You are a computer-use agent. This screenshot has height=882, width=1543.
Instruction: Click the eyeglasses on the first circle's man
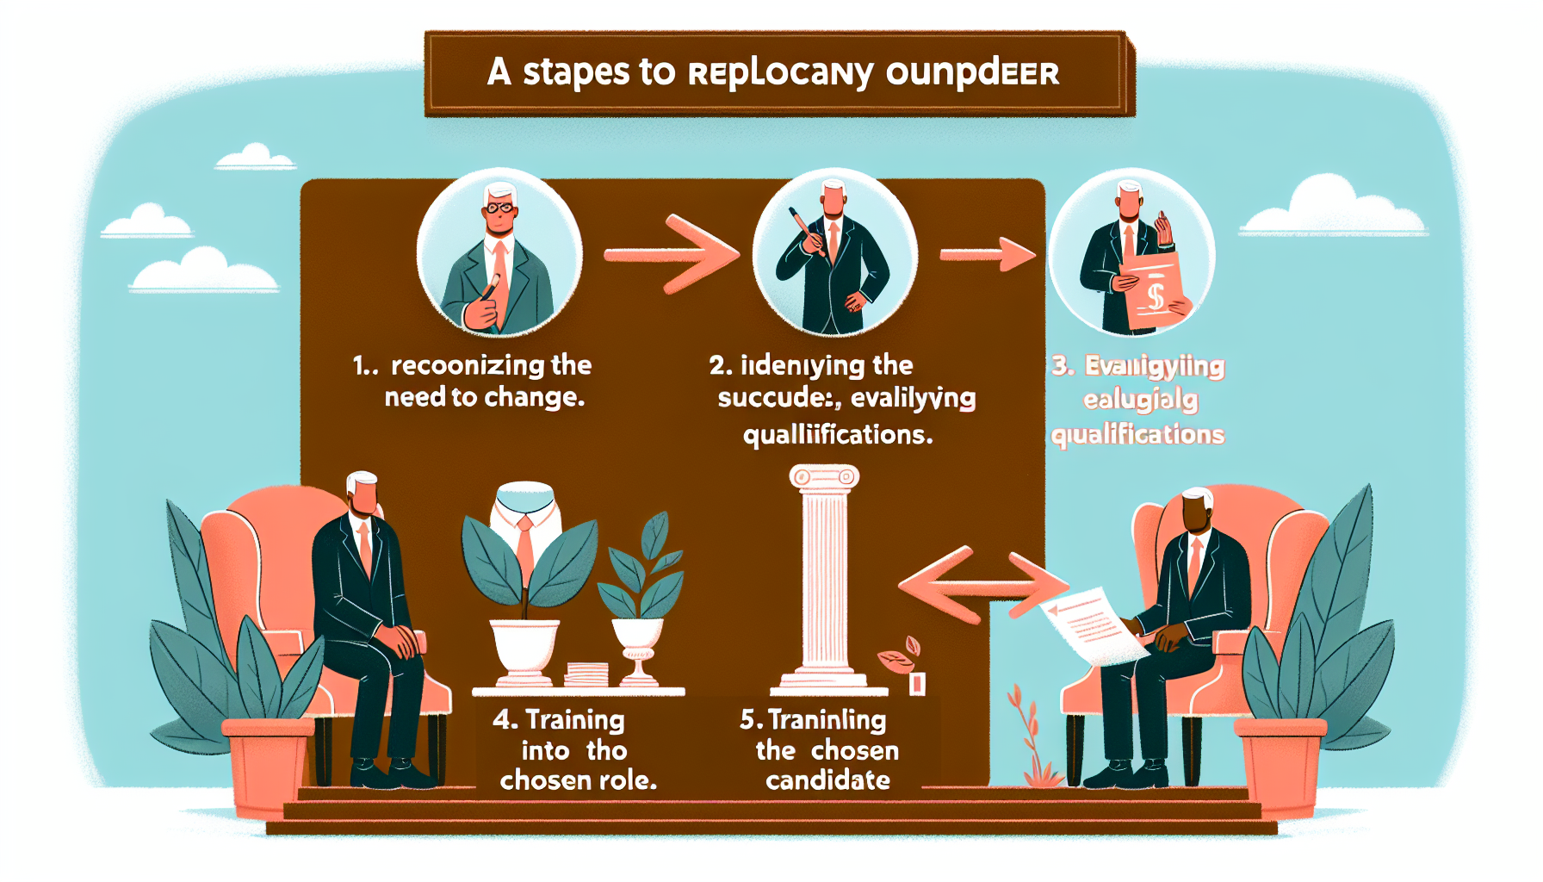(499, 208)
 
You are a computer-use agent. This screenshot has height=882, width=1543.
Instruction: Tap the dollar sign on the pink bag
(1156, 297)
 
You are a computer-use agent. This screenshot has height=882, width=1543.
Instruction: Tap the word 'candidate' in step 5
(827, 780)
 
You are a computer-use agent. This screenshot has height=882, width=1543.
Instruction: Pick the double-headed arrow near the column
(982, 586)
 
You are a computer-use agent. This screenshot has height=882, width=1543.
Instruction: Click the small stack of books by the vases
(586, 674)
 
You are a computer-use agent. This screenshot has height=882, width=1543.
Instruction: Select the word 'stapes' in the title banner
(576, 72)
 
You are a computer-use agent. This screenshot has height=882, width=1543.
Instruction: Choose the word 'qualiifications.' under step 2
(838, 435)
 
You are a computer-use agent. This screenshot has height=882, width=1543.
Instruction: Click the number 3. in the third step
(1063, 366)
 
